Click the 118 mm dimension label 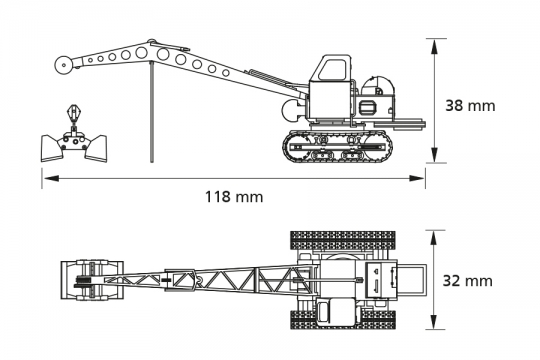click(x=234, y=197)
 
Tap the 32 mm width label click(x=470, y=281)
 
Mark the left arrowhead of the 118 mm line click(x=46, y=178)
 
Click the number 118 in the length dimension click(x=221, y=197)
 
